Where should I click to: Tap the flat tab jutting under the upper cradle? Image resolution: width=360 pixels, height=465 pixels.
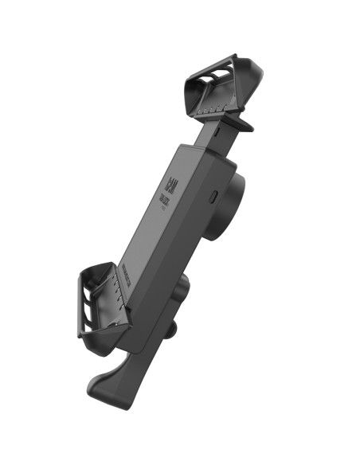point(239,124)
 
